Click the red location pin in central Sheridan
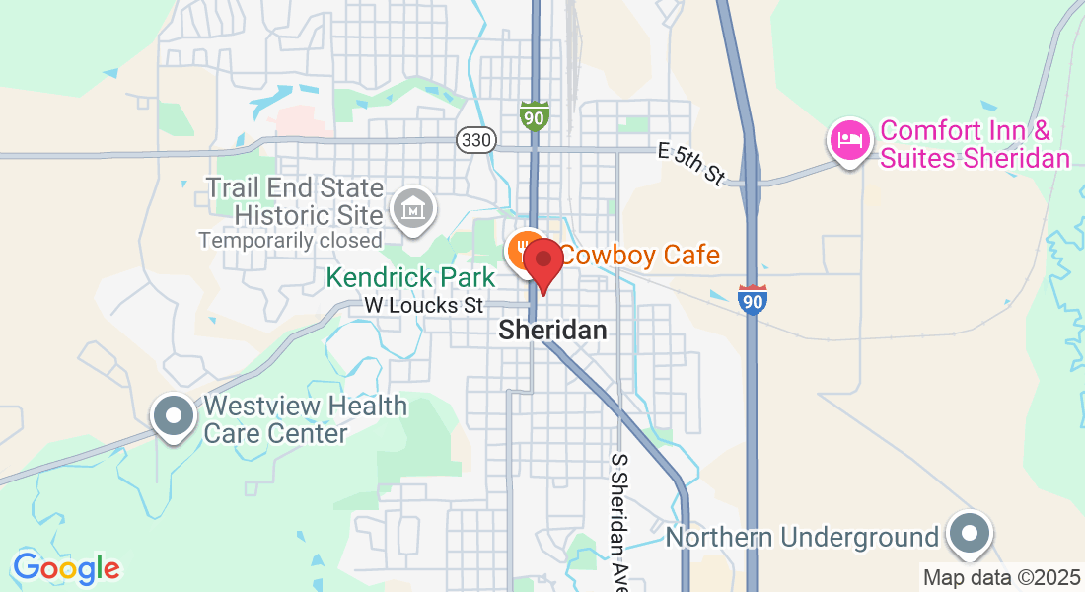542,262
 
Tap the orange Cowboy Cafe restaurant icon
523,252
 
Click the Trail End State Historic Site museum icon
410,207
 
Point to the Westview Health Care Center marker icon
174,416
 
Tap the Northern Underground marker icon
971,533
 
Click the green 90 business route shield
534,114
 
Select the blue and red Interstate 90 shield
752,299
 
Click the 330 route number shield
475,140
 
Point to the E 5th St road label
691,164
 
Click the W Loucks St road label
424,306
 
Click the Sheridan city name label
552,331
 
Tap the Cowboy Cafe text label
640,255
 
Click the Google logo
66,568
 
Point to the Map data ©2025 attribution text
1000,576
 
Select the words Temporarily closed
290,240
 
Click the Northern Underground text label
802,538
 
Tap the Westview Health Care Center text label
305,419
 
